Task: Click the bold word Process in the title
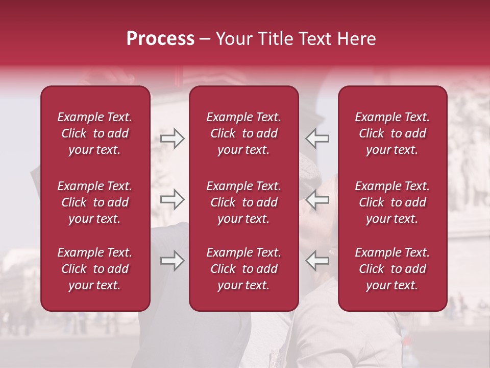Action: pos(160,39)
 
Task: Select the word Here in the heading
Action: pos(357,39)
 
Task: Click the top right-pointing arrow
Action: pos(173,138)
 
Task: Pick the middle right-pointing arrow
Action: pos(173,199)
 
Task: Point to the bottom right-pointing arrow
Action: pos(173,261)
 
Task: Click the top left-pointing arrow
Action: pos(317,138)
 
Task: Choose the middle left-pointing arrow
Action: pos(317,199)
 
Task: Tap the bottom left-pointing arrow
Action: pos(317,261)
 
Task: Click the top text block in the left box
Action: pos(95,133)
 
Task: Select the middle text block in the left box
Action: pos(95,202)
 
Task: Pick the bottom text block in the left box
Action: pos(95,269)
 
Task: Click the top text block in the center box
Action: pos(244,133)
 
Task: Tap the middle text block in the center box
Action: pos(244,202)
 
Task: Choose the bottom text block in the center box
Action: pos(244,269)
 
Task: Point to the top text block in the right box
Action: pos(393,133)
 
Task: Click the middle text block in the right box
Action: pos(393,202)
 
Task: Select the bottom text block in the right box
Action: pos(393,269)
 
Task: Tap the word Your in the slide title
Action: pos(233,39)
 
